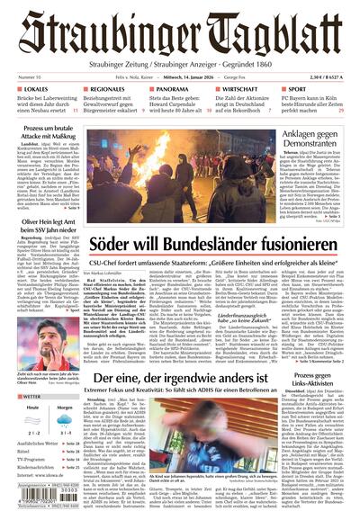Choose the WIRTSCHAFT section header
240,90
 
